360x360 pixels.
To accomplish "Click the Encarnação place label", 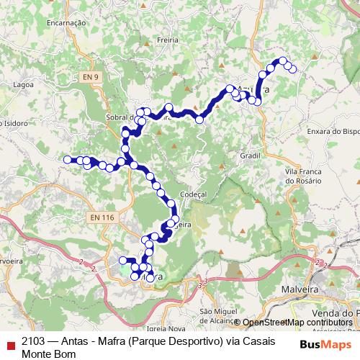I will pyautogui.click(x=66, y=23).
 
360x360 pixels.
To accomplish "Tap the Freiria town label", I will pyautogui.click(x=167, y=40).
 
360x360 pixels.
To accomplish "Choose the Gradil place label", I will pyautogui.click(x=250, y=156).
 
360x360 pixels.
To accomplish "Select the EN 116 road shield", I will pyautogui.click(x=103, y=217).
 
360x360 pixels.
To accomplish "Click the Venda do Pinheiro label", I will pyautogui.click(x=336, y=313).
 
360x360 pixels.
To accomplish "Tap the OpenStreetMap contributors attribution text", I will pyautogui.click(x=297, y=323).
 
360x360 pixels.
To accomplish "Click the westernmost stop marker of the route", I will pyautogui.click(x=68, y=159).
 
